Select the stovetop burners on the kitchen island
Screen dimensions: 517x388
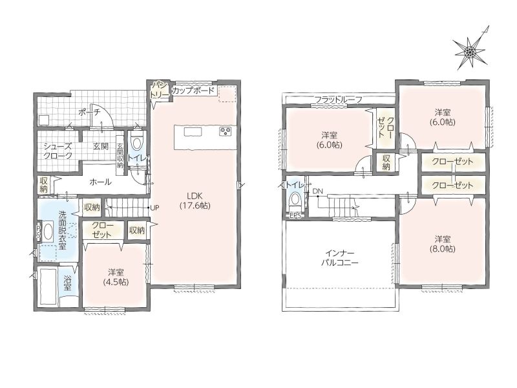226,131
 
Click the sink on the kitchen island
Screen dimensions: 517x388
193,132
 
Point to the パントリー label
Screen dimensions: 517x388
160,89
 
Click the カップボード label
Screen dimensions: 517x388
193,91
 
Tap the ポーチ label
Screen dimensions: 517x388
89,112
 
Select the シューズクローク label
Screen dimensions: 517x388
58,151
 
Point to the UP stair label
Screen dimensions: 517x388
154,208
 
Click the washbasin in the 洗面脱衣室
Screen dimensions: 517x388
48,232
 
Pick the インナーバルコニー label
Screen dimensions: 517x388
340,258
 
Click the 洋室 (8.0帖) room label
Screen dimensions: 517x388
443,244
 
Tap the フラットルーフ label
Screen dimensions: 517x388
338,100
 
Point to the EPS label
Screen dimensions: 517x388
295,217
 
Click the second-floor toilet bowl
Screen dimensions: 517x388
295,200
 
